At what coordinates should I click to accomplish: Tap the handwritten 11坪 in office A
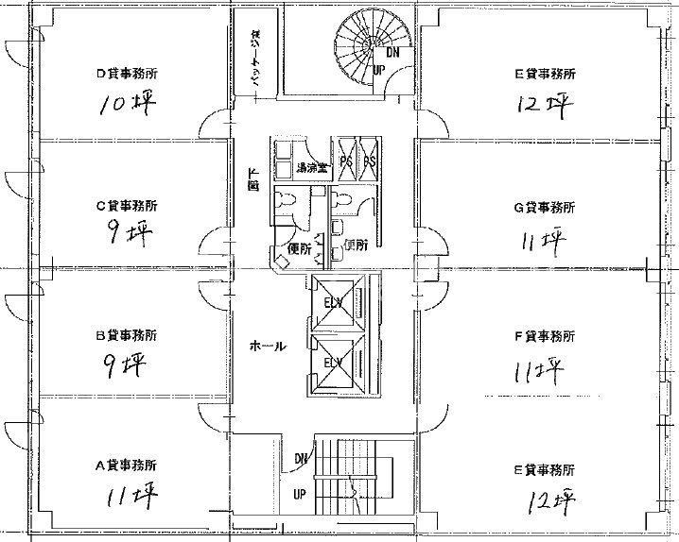click(x=131, y=494)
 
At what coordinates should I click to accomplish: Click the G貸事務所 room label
click(x=544, y=207)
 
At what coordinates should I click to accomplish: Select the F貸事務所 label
click(x=544, y=335)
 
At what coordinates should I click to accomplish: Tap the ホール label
click(x=267, y=346)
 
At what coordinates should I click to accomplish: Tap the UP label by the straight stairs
click(x=299, y=494)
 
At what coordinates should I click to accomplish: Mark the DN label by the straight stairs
click(x=300, y=459)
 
